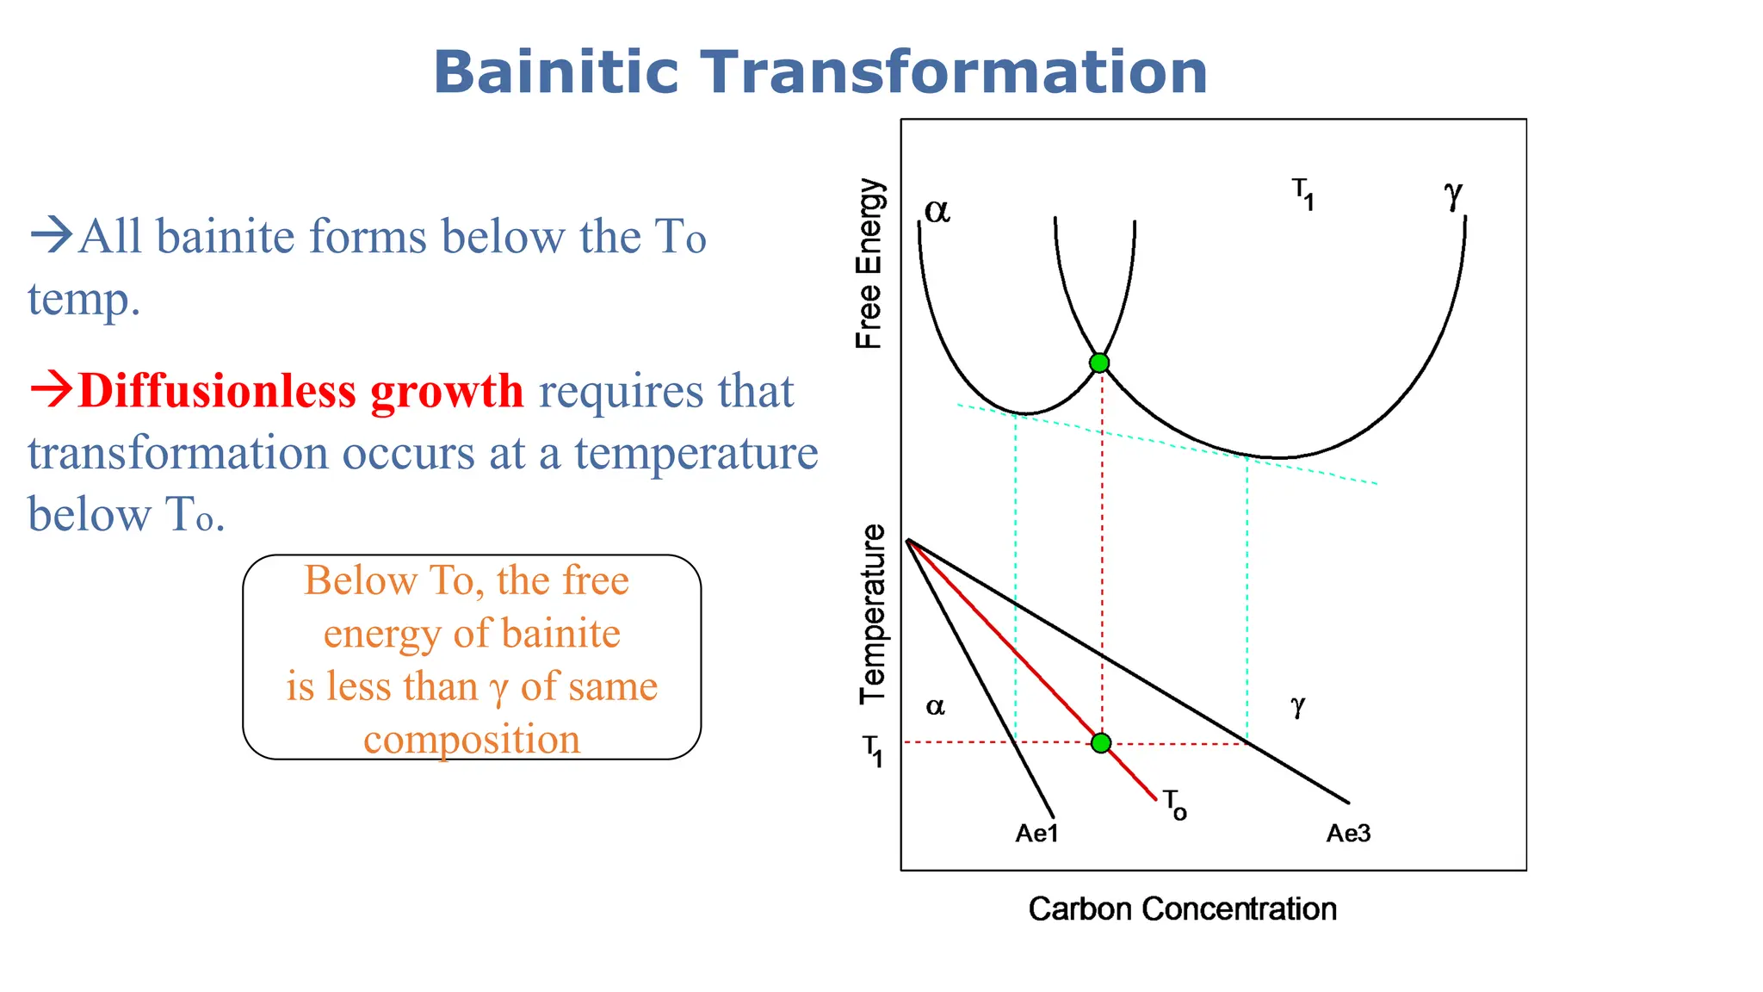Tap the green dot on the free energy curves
coord(1099,363)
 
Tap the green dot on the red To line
coord(1101,742)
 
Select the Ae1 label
coord(1036,834)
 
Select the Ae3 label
coord(1348,834)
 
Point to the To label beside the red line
coord(1175,805)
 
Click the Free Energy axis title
coord(869,263)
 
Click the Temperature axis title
coord(873,614)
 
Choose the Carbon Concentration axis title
coord(1182,909)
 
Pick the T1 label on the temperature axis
coord(873,750)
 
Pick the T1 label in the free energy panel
coord(1302,194)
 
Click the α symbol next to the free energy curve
coord(937,210)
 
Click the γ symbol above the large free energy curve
coord(1453,194)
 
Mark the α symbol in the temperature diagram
coord(935,707)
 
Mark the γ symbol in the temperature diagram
coord(1298,706)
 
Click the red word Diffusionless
coord(217,391)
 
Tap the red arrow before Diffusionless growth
coord(51,388)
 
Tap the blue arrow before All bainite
coord(51,234)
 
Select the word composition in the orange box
coord(472,740)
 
